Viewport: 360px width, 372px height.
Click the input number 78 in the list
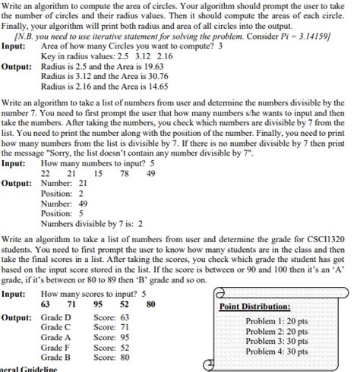click(x=124, y=173)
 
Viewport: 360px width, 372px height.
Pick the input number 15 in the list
click(x=98, y=173)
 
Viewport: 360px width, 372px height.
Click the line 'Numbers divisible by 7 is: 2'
click(x=91, y=224)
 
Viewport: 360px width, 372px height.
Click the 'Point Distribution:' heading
click(x=254, y=307)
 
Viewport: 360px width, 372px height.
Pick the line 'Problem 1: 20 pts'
click(x=277, y=322)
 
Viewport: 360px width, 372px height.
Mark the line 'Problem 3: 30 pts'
click(x=277, y=342)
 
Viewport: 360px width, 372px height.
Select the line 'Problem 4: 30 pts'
click(x=277, y=352)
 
